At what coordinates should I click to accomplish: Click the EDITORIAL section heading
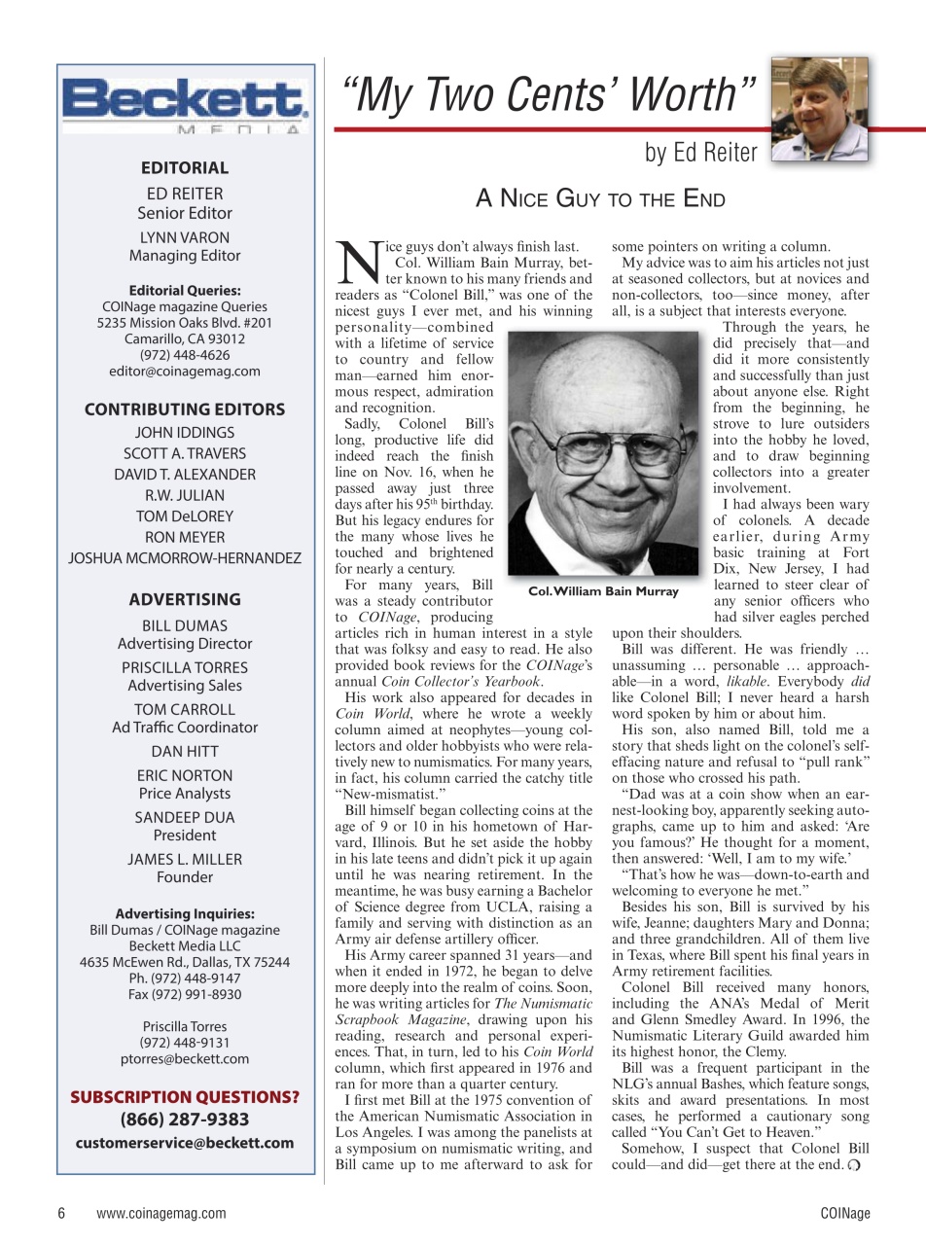185,167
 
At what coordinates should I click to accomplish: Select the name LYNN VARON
185,237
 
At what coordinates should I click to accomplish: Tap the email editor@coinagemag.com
185,371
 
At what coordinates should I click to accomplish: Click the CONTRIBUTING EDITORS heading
185,409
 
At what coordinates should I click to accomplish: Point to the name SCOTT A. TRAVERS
185,453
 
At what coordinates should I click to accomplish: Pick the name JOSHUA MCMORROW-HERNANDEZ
185,558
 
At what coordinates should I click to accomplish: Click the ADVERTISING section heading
185,599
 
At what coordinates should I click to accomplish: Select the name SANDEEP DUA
185,817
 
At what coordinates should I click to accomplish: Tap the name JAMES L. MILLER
185,859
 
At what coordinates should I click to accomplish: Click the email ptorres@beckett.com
185,1058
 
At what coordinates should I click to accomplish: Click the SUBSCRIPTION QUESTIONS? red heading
185,1097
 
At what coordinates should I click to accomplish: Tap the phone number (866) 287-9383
185,1120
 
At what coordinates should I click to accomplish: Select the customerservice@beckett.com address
185,1143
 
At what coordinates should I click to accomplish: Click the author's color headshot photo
819,109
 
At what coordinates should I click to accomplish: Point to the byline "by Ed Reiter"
699,153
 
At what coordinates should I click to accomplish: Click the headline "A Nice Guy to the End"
600,199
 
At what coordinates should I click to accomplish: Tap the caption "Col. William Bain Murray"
603,591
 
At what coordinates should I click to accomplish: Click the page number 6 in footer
61,1213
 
